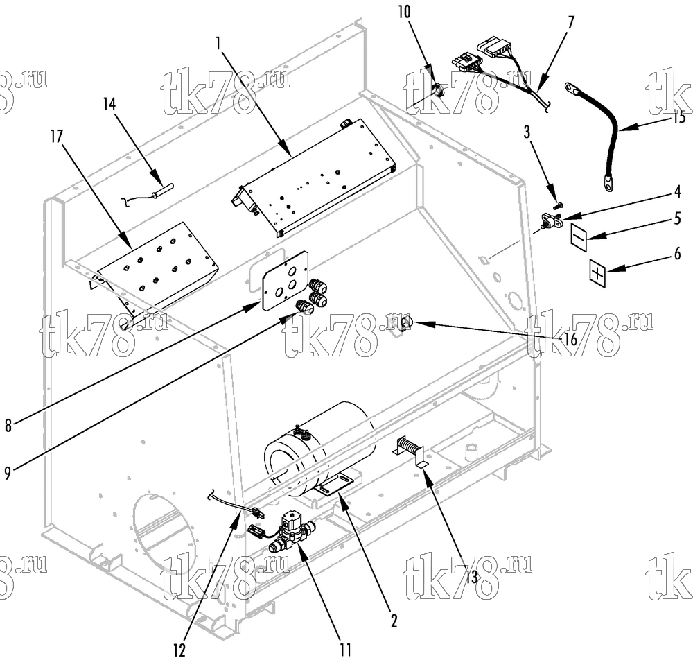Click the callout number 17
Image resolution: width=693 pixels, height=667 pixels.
pyautogui.click(x=57, y=137)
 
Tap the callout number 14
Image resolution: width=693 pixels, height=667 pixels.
pyautogui.click(x=109, y=105)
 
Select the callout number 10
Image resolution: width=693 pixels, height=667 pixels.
pyautogui.click(x=405, y=12)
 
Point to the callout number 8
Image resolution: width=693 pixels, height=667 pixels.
pyautogui.click(x=8, y=426)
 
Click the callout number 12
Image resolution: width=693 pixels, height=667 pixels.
pyautogui.click(x=179, y=650)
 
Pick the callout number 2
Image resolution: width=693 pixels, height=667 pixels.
pyautogui.click(x=394, y=621)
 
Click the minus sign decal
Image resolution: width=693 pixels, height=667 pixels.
pyautogui.click(x=579, y=237)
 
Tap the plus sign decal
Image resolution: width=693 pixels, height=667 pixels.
pyautogui.click(x=597, y=274)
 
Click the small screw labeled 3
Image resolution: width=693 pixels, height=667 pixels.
pyautogui.click(x=558, y=205)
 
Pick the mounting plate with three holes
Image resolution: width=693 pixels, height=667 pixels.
pyautogui.click(x=285, y=281)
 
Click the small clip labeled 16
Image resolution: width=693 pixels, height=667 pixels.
pyautogui.click(x=406, y=322)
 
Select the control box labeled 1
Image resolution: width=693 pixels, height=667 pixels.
pyautogui.click(x=313, y=177)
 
